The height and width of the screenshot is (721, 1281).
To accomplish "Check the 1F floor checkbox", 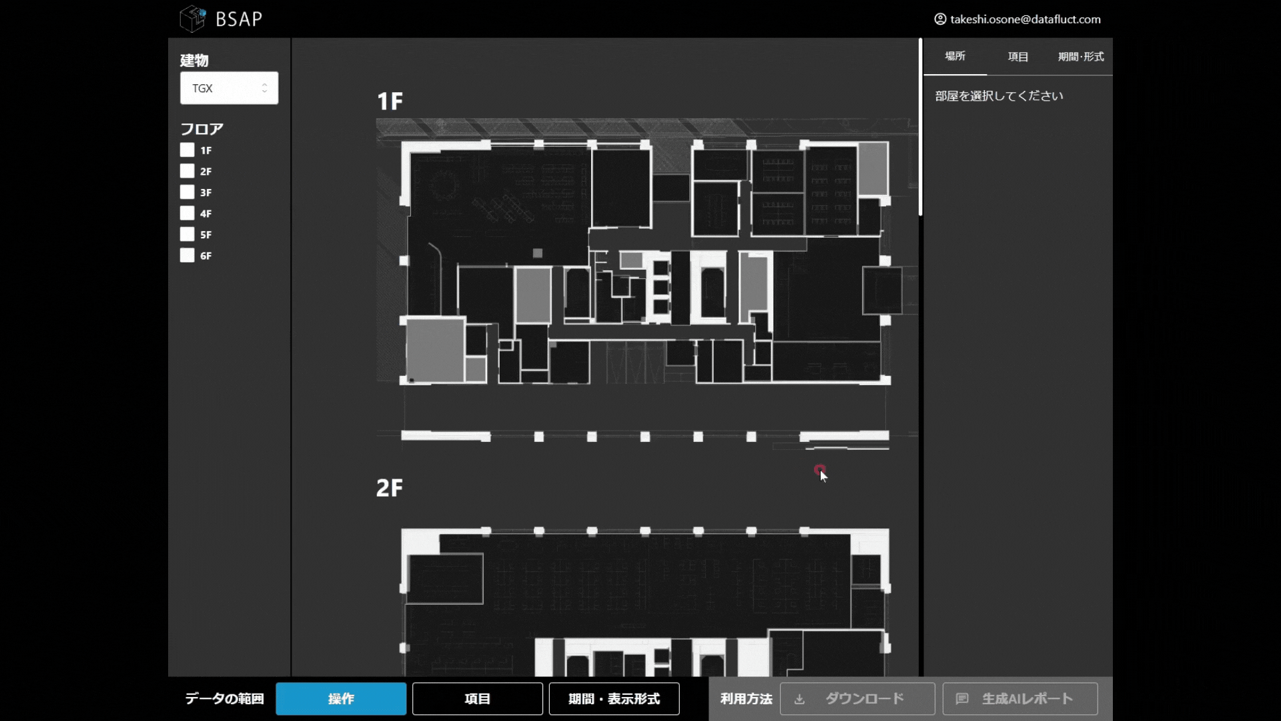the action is (187, 150).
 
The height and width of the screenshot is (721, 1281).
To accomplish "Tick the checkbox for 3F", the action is (187, 192).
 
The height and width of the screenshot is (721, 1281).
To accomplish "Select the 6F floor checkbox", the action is (187, 255).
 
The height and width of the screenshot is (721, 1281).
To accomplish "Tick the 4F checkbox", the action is (187, 213).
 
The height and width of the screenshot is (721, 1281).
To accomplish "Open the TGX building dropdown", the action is (229, 88).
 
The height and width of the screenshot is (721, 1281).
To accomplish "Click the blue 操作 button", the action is (341, 698).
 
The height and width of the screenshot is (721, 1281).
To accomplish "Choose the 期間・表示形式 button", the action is (614, 698).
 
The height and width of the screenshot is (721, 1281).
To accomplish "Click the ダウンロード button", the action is (857, 698).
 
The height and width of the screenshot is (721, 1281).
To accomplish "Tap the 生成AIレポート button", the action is (1020, 698).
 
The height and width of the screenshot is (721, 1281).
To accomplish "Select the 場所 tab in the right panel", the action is (955, 56).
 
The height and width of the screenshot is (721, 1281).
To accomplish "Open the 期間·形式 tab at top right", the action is (1081, 57).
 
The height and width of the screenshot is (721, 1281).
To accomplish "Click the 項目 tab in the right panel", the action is (1018, 57).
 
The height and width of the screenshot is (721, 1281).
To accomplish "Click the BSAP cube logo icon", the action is (193, 19).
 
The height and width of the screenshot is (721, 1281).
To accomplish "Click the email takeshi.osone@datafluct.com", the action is (1025, 19).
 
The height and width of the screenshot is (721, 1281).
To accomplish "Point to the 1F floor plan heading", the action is (390, 101).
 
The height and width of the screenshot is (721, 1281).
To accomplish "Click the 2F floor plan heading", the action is (390, 488).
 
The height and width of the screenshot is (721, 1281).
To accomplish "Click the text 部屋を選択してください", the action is (999, 96).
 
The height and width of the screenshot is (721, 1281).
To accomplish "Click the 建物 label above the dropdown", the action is (194, 61).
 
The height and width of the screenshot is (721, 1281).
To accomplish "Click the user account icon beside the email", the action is (940, 19).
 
